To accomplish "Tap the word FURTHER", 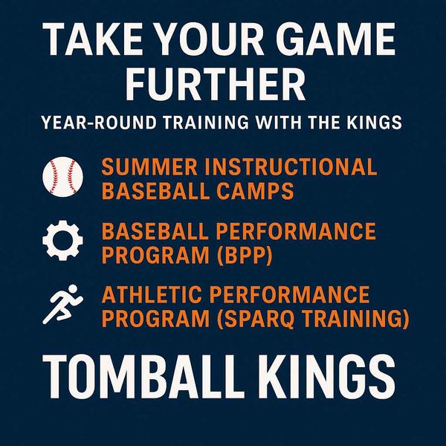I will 223,83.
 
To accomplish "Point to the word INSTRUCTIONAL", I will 291,167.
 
